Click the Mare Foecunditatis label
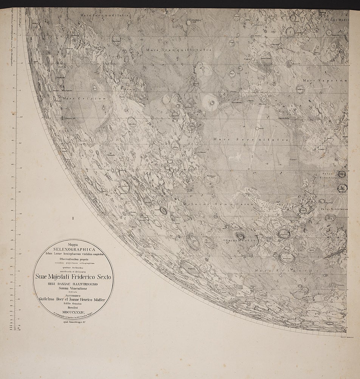105,15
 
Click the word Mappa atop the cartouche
73,244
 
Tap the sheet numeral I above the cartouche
73,218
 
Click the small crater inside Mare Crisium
94,88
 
